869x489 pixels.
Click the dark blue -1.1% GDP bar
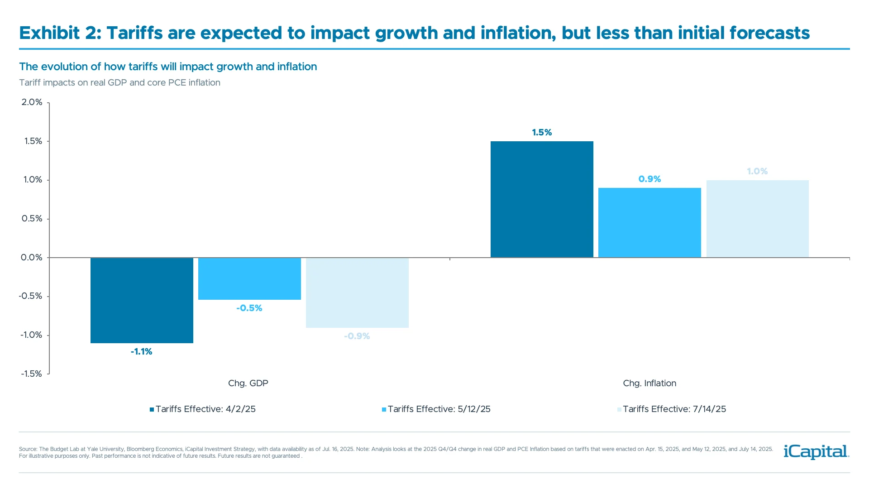[x=142, y=300]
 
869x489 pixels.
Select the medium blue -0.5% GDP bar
[x=249, y=278]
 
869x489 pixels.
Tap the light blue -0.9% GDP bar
[x=357, y=292]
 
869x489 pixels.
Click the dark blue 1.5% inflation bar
[x=542, y=199]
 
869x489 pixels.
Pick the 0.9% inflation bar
[x=649, y=222]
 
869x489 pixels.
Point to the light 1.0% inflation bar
[x=757, y=219]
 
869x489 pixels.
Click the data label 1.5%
[x=542, y=133]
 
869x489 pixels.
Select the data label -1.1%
[x=142, y=352]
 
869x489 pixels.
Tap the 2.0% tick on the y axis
[x=32, y=102]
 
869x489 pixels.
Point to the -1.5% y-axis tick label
[x=31, y=374]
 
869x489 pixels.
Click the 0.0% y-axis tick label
[x=32, y=258]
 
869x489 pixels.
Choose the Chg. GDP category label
[x=248, y=384]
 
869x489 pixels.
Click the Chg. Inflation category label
[x=649, y=384]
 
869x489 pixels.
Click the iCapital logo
[x=816, y=451]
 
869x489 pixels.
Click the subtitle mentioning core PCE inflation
[x=119, y=83]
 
